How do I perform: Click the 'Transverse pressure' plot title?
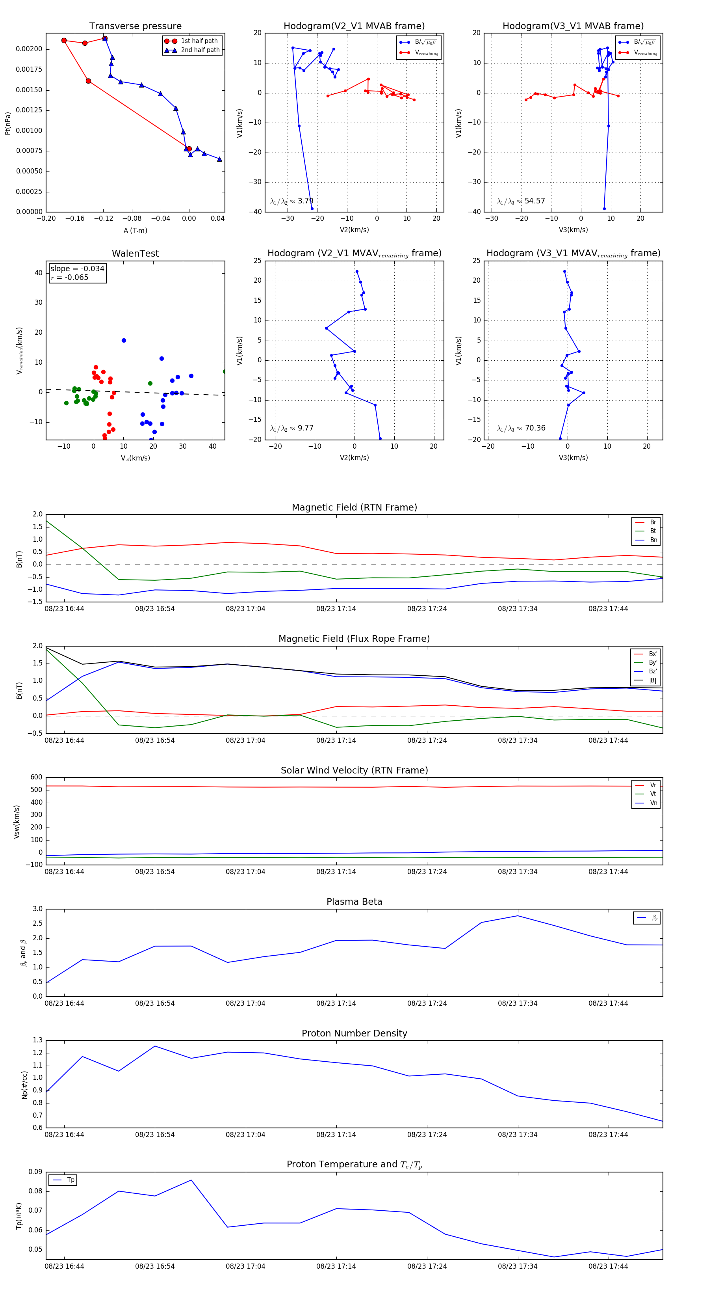point(135,26)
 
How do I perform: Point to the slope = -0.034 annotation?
point(77,269)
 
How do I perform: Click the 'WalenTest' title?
point(135,253)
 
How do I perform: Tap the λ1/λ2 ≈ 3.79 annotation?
point(291,201)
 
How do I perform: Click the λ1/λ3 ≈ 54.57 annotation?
point(521,201)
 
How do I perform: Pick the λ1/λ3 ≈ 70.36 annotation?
point(521,428)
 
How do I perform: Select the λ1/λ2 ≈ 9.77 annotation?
point(291,428)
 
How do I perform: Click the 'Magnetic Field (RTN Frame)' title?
point(354,507)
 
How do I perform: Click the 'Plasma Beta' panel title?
point(354,902)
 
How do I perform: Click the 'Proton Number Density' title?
point(354,1033)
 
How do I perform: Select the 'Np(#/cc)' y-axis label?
point(24,1085)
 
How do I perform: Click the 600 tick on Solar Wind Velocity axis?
point(36,777)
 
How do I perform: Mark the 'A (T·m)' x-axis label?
point(135,231)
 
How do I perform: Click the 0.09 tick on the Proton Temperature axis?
point(35,1172)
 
